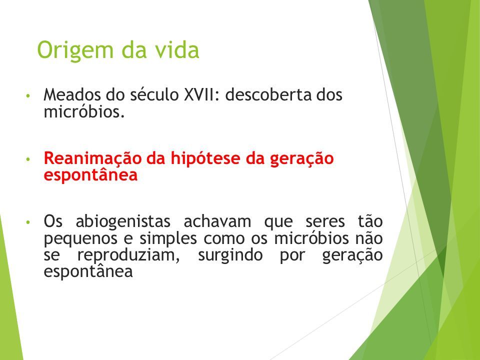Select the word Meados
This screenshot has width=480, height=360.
click(x=72, y=94)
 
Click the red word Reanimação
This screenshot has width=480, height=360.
click(x=92, y=159)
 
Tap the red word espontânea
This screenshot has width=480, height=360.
click(x=90, y=175)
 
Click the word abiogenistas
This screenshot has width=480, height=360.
click(x=123, y=222)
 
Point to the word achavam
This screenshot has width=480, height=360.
click(x=217, y=221)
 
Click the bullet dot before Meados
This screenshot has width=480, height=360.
click(x=28, y=95)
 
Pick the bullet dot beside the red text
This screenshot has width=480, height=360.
click(x=28, y=159)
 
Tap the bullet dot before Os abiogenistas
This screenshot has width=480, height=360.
click(x=28, y=222)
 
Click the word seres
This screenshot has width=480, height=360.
click(x=325, y=222)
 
